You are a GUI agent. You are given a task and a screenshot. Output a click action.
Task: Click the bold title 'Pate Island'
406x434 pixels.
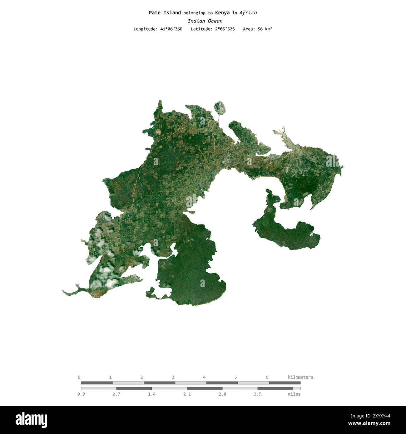165,13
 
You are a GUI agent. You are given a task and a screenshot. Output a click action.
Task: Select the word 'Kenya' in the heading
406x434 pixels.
222,13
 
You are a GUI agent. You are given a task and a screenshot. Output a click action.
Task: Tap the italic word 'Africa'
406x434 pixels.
248,13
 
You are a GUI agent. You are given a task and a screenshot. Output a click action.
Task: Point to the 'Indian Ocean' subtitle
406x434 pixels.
205,21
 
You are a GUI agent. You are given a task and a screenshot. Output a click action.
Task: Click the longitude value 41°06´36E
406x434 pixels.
171,29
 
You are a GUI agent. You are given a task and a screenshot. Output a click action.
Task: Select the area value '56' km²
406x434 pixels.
260,29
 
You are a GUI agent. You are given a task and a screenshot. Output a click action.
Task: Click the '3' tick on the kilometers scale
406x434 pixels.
173,377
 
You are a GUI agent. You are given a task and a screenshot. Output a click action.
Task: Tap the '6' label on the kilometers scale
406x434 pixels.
267,377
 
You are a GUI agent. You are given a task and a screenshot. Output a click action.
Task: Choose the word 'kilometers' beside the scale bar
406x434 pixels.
300,377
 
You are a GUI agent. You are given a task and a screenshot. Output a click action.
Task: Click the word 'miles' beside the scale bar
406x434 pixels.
294,394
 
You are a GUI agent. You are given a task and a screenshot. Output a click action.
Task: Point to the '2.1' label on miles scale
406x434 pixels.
187,394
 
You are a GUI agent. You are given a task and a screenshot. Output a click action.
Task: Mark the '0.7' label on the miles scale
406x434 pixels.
116,394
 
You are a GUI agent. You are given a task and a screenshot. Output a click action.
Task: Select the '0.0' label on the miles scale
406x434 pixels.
81,394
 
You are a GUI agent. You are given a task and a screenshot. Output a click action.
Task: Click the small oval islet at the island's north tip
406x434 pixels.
220,108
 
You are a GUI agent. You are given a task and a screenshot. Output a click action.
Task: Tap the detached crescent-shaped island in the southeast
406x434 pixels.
286,233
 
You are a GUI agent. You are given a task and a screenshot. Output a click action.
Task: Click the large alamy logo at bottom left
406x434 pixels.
31,420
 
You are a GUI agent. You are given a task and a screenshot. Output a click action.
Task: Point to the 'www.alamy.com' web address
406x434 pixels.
369,424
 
